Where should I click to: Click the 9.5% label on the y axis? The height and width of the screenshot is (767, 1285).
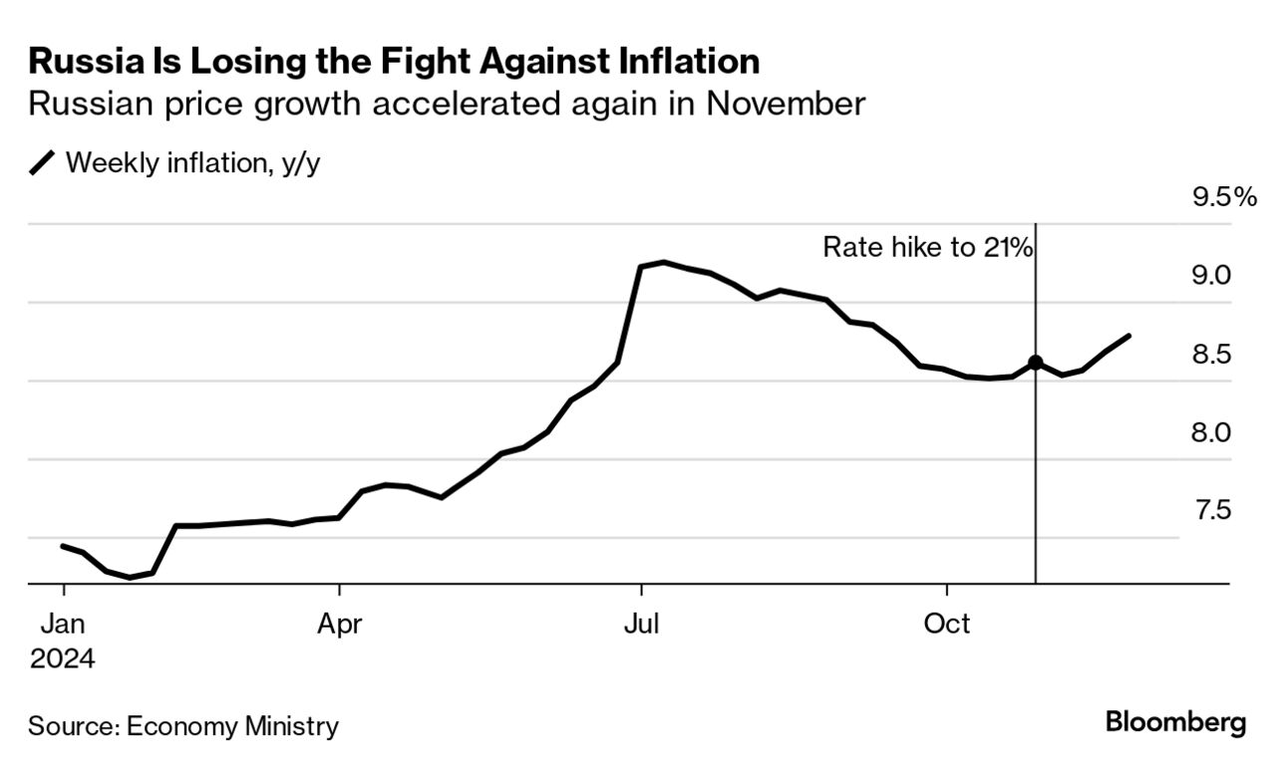pos(1225,197)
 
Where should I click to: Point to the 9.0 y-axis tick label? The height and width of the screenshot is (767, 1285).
pos(1213,275)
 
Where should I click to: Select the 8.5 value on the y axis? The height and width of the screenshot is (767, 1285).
pos(1213,354)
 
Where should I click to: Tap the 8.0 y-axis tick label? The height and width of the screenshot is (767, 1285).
pos(1213,432)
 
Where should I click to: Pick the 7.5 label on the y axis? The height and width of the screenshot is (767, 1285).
pos(1213,511)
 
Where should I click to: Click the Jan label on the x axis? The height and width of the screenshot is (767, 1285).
pos(63,624)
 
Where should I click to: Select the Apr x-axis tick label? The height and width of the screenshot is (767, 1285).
pos(340,624)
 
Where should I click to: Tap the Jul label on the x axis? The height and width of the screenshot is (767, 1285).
pos(642,624)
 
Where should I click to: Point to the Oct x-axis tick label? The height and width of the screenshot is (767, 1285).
pos(946,624)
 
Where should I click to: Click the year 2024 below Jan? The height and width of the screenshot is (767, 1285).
pos(63,658)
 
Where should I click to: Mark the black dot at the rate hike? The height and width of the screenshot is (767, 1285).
pos(1036,363)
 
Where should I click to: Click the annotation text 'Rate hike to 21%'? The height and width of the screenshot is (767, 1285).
pos(926,247)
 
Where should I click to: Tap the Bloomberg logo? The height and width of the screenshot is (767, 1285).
pos(1175,723)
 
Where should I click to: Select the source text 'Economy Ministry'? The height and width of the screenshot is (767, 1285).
pos(232,726)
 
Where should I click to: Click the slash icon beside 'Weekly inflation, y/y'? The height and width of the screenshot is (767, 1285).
pos(44,163)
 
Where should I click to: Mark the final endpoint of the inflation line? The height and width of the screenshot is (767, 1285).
pos(1128,336)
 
